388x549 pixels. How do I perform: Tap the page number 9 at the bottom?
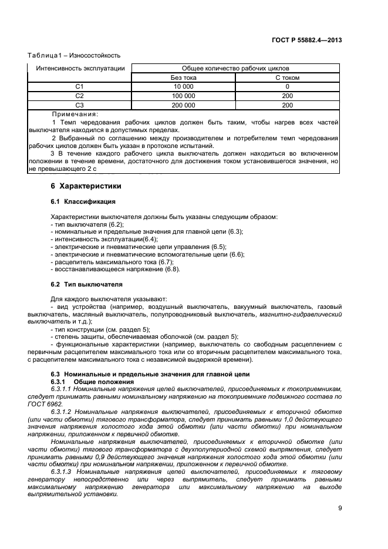tap(340, 508)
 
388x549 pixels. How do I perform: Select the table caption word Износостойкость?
tap(95, 56)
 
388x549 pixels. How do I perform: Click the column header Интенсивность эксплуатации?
tap(80, 68)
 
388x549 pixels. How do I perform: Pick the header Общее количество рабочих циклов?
tap(235, 68)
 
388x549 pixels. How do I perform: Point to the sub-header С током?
tap(288, 78)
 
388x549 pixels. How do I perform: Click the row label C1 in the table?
tap(80, 86)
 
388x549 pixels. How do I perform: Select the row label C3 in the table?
tap(80, 105)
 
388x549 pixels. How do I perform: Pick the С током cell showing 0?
tap(288, 86)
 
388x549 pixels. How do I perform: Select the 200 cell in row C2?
tap(288, 96)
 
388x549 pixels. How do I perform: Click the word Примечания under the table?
tap(75, 114)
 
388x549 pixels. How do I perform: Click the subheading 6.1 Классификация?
tap(83, 201)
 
